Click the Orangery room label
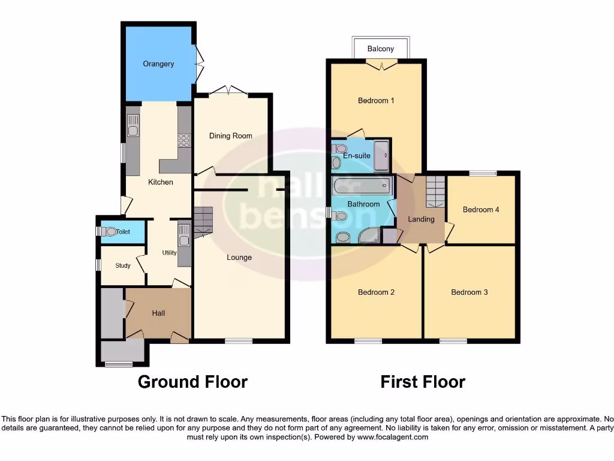tap(158, 64)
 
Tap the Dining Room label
tap(230, 136)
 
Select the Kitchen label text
tap(161, 182)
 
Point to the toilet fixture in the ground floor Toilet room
tap(109, 231)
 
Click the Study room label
tap(123, 265)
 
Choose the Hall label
tap(158, 313)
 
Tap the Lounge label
tap(239, 258)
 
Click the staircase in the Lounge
tap(203, 220)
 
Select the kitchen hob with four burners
tap(184, 140)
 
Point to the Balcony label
tap(381, 49)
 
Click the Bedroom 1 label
tap(376, 100)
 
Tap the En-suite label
tap(356, 155)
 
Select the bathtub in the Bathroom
tap(362, 184)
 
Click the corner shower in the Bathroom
tap(369, 235)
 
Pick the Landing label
tap(421, 219)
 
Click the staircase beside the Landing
tap(435, 191)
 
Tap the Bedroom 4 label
tap(481, 209)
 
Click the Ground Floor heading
tap(192, 382)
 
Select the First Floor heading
tap(423, 382)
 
